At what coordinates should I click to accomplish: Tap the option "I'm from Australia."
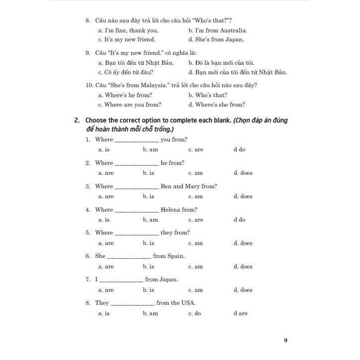pos(218,30)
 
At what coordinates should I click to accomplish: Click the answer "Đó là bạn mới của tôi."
pos(221,63)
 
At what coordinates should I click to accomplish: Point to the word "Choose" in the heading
pos(98,120)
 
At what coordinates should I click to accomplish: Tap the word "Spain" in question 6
pos(176,256)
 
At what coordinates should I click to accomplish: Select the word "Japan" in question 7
pos(168,279)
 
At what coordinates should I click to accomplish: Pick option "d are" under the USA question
pos(240,313)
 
